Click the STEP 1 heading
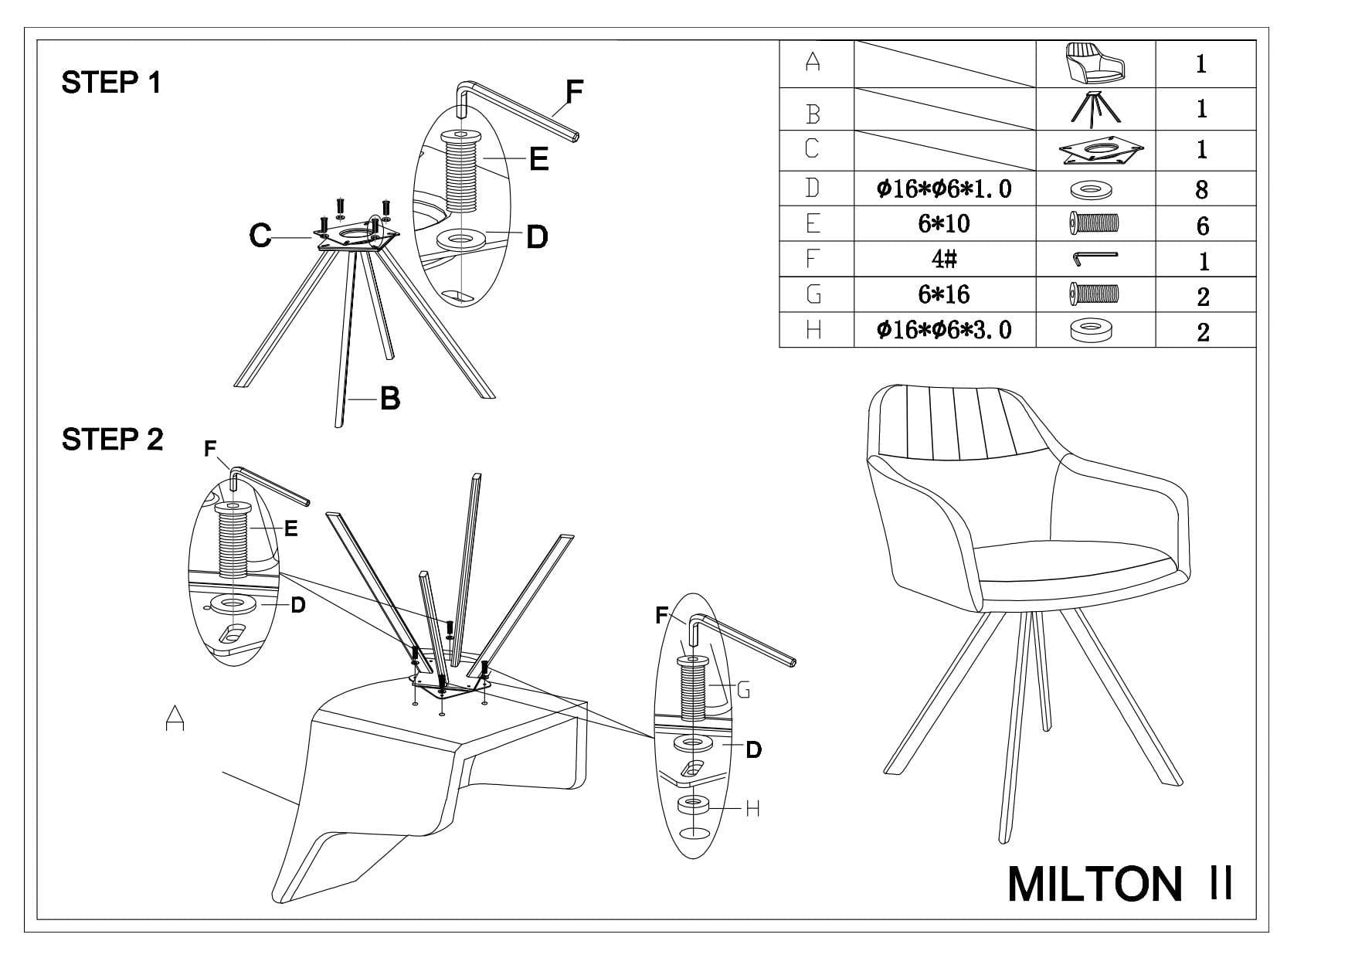click(111, 83)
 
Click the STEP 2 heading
click(112, 440)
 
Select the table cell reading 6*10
click(944, 224)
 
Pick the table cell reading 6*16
click(944, 294)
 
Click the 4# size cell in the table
click(944, 260)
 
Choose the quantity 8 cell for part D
click(1201, 189)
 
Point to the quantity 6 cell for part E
click(1201, 226)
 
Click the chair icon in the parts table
click(1095, 63)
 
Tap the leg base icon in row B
click(1095, 108)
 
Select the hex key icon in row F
click(1095, 259)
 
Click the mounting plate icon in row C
click(1095, 151)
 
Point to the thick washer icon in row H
click(1091, 331)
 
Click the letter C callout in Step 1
click(260, 236)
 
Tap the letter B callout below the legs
click(390, 399)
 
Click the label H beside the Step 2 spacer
click(753, 809)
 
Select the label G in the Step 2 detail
click(743, 690)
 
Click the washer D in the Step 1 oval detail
click(462, 240)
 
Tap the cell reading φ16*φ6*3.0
click(944, 331)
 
